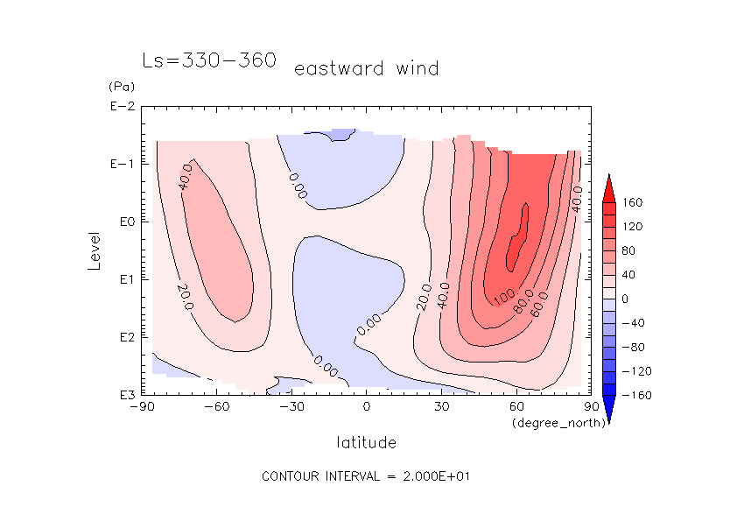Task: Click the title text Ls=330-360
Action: click(x=209, y=60)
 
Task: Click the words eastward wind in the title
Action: click(x=366, y=68)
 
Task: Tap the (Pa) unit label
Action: click(x=119, y=87)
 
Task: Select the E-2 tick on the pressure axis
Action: click(x=122, y=107)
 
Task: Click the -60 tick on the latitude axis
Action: click(x=216, y=407)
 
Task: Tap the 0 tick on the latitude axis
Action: click(x=367, y=407)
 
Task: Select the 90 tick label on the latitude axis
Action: click(x=592, y=407)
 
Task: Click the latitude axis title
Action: click(x=366, y=442)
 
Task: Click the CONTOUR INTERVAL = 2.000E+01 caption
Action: click(x=368, y=476)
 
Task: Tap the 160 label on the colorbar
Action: click(x=632, y=203)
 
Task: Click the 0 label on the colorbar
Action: click(x=625, y=299)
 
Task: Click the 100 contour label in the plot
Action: click(x=506, y=296)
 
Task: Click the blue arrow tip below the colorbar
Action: click(x=608, y=419)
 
